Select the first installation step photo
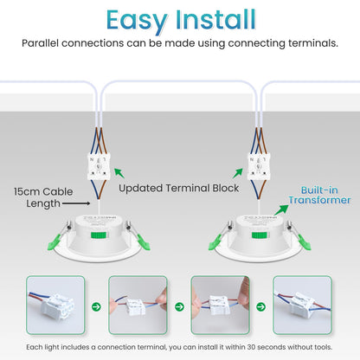(x=55, y=305)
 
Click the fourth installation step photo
(x=303, y=305)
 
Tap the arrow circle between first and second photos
(x=97, y=305)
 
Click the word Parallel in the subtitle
(x=44, y=42)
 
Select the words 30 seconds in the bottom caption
(x=248, y=347)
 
